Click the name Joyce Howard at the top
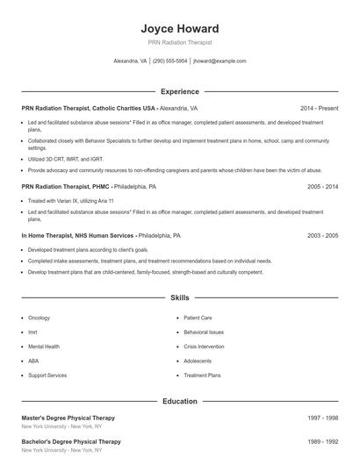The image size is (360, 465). tap(179, 28)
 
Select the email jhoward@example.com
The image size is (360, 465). tap(220, 61)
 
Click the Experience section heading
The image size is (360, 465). tap(179, 91)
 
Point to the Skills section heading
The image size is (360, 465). tap(179, 298)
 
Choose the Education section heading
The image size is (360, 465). tap(179, 401)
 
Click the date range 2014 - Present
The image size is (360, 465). tap(319, 108)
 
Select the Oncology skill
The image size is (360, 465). tap(40, 318)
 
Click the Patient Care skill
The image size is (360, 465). tap(198, 318)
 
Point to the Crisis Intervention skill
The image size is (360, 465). tap(204, 347)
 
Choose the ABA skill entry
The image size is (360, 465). tap(33, 361)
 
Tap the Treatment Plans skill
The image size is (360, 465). tap(202, 375)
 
